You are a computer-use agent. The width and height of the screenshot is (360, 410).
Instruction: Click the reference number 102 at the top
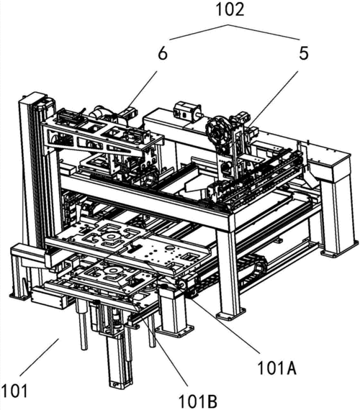click(230, 9)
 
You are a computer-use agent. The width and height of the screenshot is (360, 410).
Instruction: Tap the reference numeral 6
click(163, 54)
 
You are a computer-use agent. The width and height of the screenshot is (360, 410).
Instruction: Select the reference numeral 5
click(303, 53)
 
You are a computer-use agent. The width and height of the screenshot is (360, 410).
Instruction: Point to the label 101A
click(277, 368)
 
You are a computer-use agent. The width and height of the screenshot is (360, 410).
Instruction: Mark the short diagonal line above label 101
click(40, 357)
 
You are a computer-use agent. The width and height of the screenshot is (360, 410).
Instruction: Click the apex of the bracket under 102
click(228, 25)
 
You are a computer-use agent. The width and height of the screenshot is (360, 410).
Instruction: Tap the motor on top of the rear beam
click(188, 110)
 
